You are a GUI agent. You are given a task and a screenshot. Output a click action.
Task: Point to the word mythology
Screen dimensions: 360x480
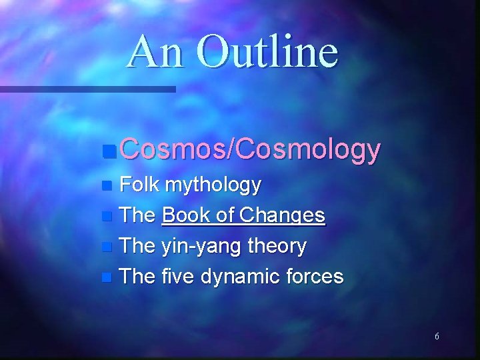[x=213, y=185]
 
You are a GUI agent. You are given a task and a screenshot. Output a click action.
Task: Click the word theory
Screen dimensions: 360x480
[x=276, y=247]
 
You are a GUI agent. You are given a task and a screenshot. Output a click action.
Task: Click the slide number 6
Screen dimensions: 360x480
[x=437, y=337]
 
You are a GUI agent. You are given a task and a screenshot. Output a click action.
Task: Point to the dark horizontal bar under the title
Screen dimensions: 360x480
[x=87, y=89]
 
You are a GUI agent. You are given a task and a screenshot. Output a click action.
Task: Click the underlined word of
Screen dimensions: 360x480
[x=228, y=215]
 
